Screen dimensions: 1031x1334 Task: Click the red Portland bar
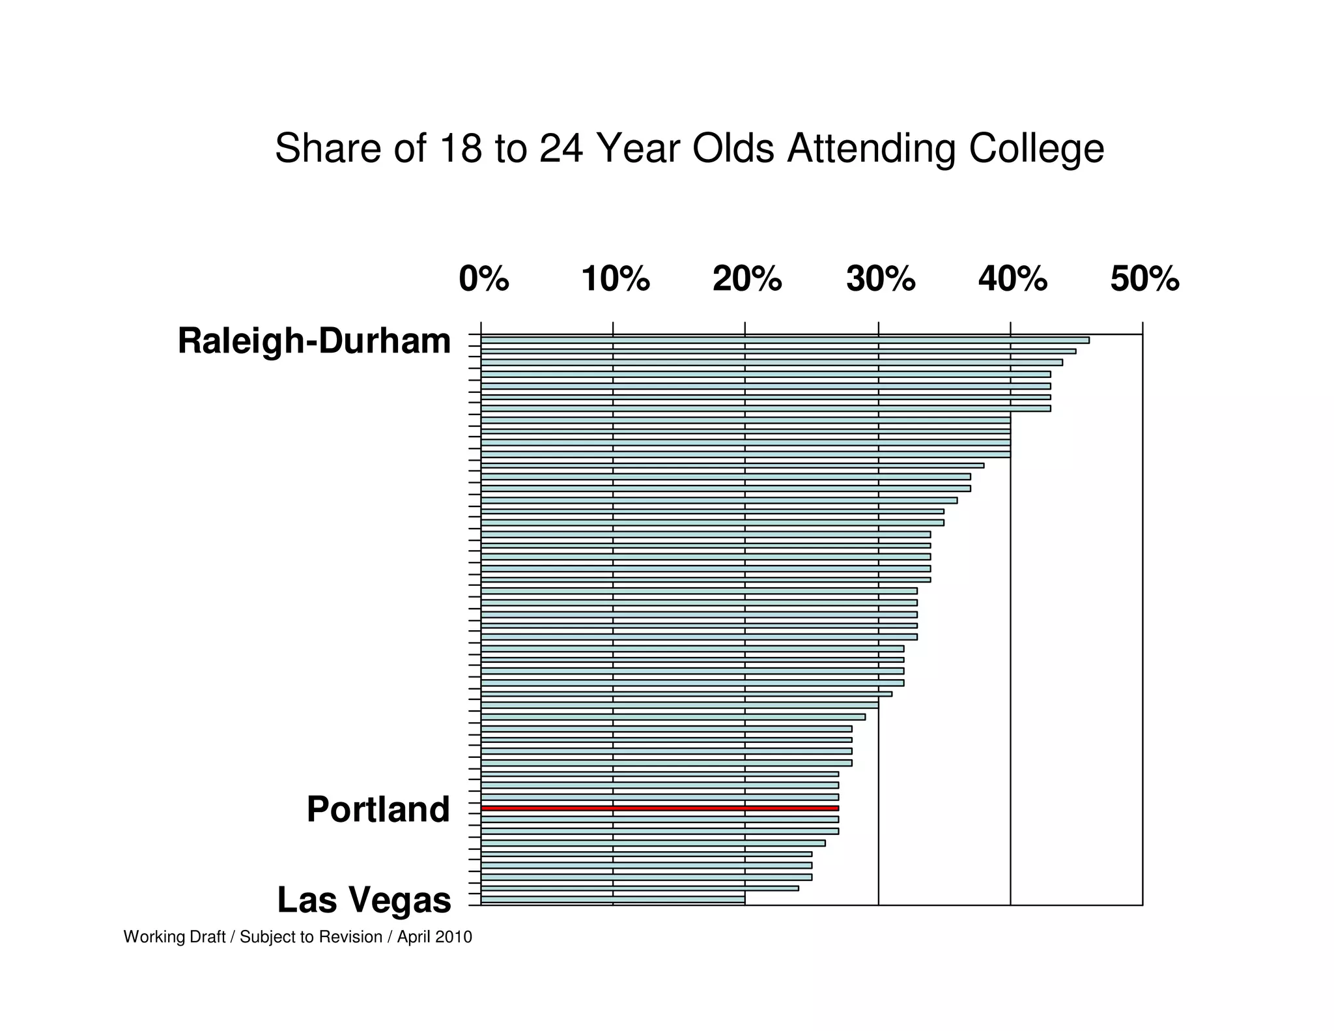tap(659, 808)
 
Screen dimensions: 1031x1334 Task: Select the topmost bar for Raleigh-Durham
tap(784, 340)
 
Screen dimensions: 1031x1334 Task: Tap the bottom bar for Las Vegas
tap(612, 899)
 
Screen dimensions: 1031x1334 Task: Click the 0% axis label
tap(483, 280)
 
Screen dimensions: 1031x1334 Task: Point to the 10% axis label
tap(616, 280)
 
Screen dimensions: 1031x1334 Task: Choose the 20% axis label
tap(747, 280)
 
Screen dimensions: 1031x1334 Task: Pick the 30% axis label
tap(881, 280)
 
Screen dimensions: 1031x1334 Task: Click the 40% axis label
tap(1013, 280)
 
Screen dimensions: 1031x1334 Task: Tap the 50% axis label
tap(1144, 280)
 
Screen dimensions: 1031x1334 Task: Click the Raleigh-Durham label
tap(314, 341)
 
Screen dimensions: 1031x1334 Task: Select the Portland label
tap(378, 810)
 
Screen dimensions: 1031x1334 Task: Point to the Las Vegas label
tap(364, 900)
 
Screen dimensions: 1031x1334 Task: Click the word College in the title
tap(1036, 149)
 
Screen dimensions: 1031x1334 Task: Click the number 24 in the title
tap(561, 148)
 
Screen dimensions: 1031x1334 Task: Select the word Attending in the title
tap(872, 149)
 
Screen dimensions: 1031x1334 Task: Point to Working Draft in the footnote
tap(175, 937)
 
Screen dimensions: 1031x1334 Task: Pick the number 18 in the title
tap(461, 148)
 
